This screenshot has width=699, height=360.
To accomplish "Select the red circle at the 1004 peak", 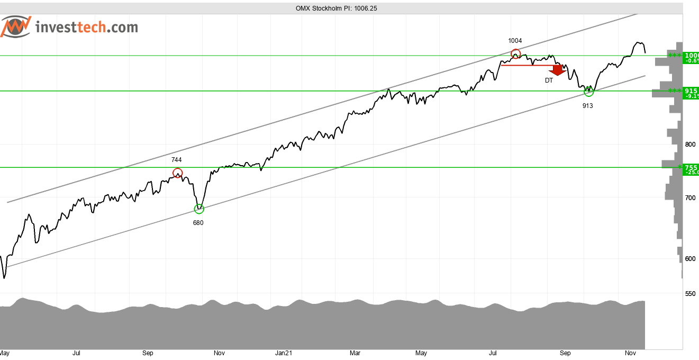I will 515,53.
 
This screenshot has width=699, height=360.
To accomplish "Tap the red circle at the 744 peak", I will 177,173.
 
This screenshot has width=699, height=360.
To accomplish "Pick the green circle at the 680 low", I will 199,209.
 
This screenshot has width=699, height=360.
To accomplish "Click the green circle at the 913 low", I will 588,92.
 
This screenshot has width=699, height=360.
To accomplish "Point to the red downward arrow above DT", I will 557,70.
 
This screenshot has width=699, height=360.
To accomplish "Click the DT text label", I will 549,80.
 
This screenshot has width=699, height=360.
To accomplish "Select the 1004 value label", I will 515,41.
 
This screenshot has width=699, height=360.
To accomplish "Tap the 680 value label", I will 198,223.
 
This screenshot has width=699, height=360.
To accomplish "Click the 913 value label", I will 587,106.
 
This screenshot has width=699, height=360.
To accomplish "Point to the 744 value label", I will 177,159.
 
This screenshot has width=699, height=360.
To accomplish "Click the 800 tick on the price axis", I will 689,144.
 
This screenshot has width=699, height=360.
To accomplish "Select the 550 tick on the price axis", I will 689,293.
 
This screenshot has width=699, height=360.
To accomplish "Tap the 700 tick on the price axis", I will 689,197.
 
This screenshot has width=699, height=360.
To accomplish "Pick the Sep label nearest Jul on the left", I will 148,353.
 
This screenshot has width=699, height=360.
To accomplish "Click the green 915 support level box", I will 691,93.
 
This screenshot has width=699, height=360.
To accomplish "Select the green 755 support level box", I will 691,169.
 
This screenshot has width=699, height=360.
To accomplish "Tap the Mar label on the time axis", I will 355,353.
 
